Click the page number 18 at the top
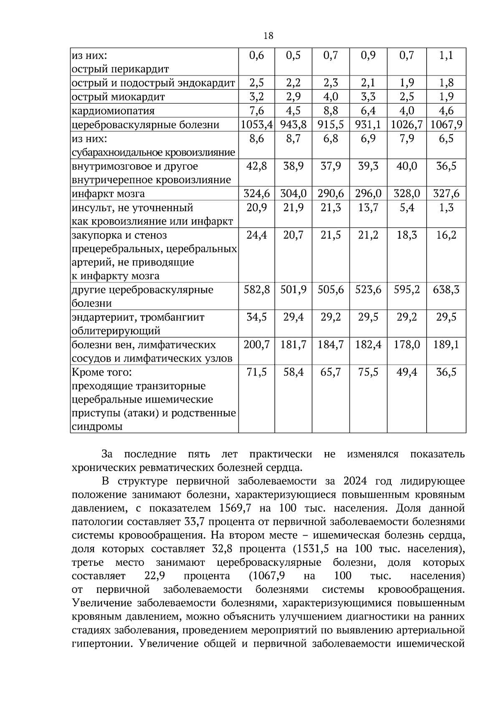point(268,36)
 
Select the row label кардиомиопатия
point(113,111)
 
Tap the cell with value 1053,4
point(257,125)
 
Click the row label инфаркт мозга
point(109,194)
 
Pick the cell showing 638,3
point(446,290)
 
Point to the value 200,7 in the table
point(257,345)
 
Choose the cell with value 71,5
point(257,372)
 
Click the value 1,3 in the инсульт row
point(446,208)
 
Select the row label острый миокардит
point(118,97)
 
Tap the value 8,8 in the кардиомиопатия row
point(331,111)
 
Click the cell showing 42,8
point(257,166)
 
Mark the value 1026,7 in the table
point(407,125)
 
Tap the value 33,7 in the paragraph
point(194,522)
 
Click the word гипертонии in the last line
point(98,643)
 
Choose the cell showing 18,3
point(407,235)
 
